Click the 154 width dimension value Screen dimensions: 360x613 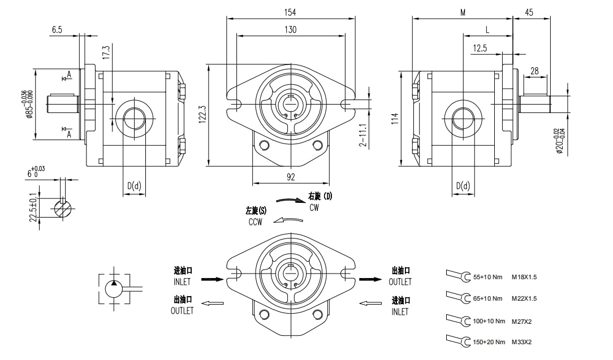(x=291, y=12)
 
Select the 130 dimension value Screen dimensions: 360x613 (x=291, y=29)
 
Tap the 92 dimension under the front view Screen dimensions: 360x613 (x=291, y=177)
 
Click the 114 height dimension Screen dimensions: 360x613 (x=395, y=118)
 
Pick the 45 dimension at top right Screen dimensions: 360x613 (x=529, y=12)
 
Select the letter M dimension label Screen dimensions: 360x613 (x=463, y=12)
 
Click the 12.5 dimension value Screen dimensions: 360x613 (x=480, y=49)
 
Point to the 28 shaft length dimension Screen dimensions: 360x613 (x=534, y=71)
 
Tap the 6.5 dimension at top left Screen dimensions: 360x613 (x=57, y=30)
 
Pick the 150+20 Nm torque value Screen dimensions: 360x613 (x=487, y=342)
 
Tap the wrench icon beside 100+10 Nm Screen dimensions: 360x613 (x=458, y=320)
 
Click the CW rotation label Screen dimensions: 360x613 (x=314, y=207)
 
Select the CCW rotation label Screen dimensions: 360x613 (x=256, y=222)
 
